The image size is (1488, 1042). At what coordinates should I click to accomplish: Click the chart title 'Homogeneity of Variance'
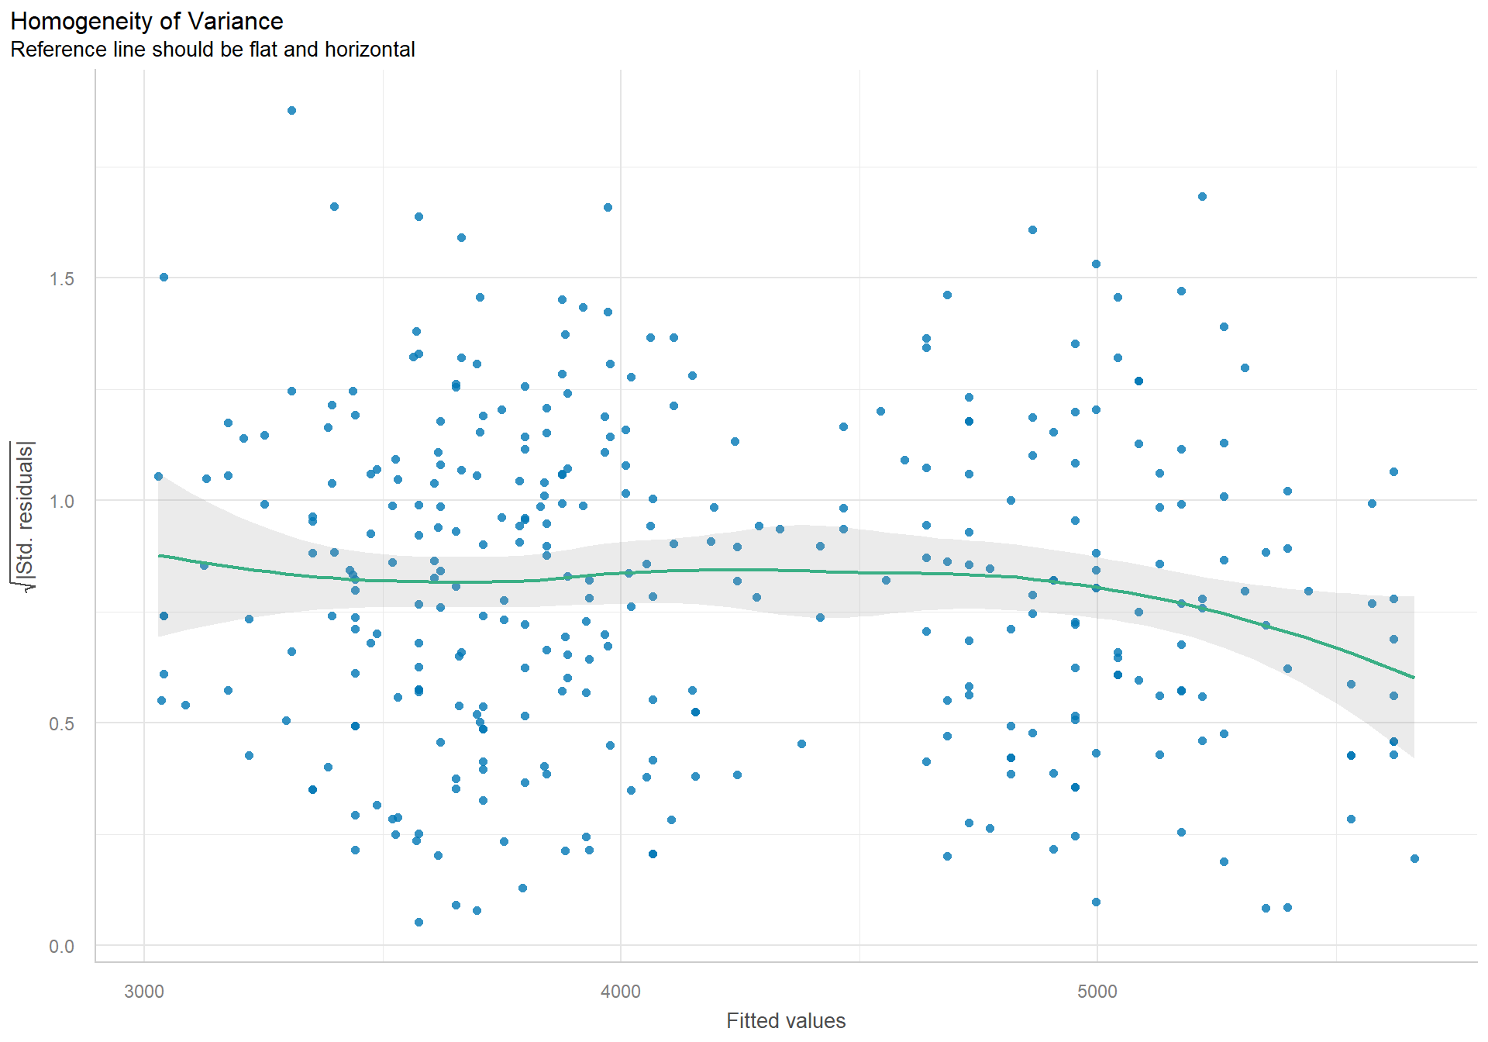[x=146, y=21]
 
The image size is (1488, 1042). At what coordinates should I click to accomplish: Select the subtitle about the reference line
[x=212, y=50]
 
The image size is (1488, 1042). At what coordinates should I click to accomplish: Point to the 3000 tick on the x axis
[x=144, y=992]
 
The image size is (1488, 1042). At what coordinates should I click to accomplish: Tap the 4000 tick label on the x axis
[x=621, y=992]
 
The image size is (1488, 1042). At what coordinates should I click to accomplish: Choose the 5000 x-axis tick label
[x=1097, y=992]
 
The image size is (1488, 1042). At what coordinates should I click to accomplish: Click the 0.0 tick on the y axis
[x=62, y=947]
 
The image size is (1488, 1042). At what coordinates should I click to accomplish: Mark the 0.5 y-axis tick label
[x=62, y=724]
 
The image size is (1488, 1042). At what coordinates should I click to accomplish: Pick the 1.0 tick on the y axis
[x=62, y=502]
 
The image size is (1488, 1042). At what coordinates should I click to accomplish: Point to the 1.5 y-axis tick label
[x=62, y=279]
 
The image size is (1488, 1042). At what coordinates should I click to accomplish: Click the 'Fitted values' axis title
[x=786, y=1020]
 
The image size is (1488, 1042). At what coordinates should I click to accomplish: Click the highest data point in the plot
[x=291, y=111]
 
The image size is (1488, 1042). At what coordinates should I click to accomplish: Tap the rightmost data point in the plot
[x=1414, y=858]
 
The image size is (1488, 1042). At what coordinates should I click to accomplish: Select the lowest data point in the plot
[x=418, y=922]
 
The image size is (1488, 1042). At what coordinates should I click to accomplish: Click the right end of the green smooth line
[x=1414, y=678]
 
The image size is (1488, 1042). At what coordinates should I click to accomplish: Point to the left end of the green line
[x=159, y=556]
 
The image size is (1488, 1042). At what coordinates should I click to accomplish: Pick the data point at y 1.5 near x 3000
[x=164, y=277]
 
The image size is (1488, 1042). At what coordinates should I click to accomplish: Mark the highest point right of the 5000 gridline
[x=1202, y=197]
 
